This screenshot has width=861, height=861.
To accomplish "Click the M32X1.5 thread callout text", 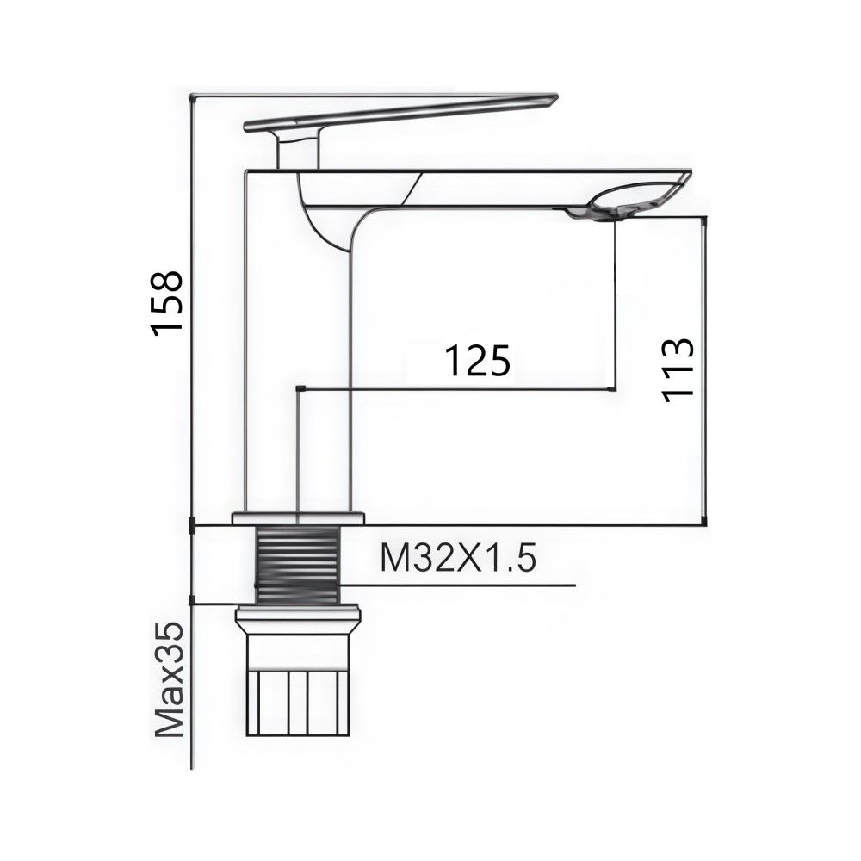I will (458, 561).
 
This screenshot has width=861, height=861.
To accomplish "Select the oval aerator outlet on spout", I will (641, 195).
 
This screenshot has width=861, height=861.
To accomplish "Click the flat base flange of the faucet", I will (298, 517).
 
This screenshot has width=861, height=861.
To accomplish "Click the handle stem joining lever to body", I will (298, 153).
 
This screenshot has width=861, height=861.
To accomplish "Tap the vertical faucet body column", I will (298, 362).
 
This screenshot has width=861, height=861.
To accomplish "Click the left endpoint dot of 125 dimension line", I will (298, 389).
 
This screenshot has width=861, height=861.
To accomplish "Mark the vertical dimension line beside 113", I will (706, 370).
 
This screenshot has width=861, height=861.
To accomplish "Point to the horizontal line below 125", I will (456, 389).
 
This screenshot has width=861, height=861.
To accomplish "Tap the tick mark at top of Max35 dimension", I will (190, 602).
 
